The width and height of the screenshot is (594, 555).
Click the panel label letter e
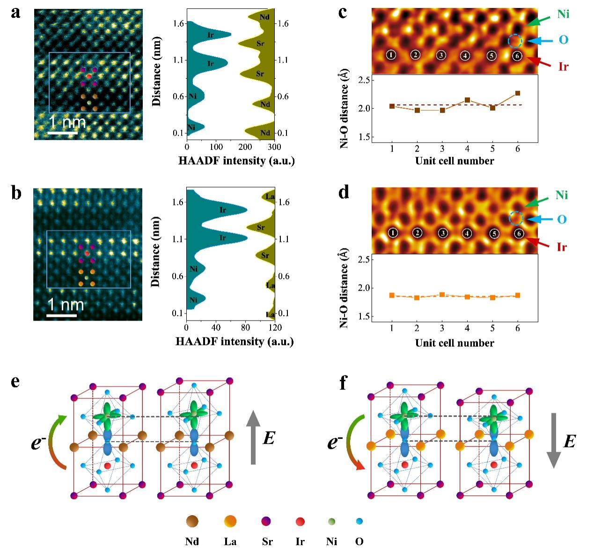pyautogui.click(x=15, y=382)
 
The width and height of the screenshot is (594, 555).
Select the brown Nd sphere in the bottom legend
pyautogui.click(x=192, y=521)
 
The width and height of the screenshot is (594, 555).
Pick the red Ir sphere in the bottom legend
pyautogui.click(x=300, y=521)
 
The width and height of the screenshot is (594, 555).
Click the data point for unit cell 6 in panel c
pyautogui.click(x=517, y=93)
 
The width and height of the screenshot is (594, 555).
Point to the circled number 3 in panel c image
pyautogui.click(x=440, y=55)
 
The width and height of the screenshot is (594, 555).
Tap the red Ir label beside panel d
pyautogui.click(x=562, y=247)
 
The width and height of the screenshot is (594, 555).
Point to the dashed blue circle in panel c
pyautogui.click(x=515, y=41)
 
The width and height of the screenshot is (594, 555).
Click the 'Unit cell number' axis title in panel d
pyautogui.click(x=454, y=343)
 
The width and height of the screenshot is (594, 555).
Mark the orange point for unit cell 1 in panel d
pyautogui.click(x=392, y=295)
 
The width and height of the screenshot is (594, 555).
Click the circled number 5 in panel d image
pyautogui.click(x=493, y=233)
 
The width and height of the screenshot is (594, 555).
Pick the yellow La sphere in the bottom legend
pyautogui.click(x=230, y=521)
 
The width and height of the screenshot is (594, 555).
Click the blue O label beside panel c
pyautogui.click(x=563, y=40)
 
